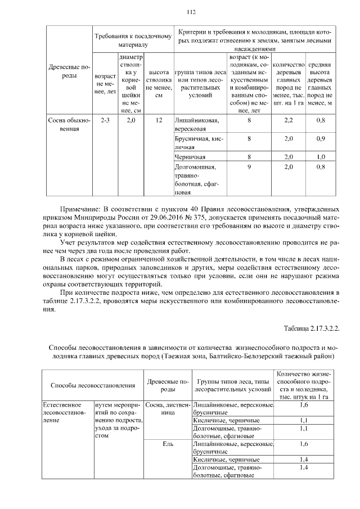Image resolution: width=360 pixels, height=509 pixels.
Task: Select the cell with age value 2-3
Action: click(105, 120)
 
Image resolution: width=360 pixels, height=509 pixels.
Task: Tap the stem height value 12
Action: click(159, 120)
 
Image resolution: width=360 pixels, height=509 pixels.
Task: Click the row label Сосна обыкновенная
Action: click(68, 124)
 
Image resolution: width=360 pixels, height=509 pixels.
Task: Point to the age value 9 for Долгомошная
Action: click(249, 167)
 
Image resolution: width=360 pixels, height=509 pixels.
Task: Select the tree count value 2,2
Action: click(289, 120)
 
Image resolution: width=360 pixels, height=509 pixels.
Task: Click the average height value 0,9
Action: click(321, 138)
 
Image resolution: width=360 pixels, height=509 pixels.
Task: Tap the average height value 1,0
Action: click(321, 157)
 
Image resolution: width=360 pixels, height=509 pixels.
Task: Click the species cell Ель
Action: click(165, 444)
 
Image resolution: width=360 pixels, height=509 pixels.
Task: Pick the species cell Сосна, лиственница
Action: click(165, 409)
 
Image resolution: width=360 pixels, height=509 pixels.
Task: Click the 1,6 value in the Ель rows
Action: click(304, 444)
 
